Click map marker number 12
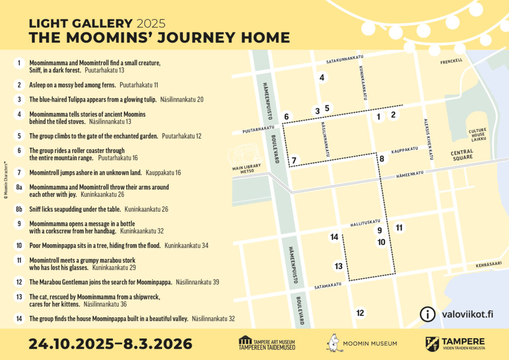point(360,313)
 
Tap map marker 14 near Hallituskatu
point(334,237)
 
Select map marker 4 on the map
point(322,78)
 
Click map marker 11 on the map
point(399,228)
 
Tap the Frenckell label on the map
point(451,62)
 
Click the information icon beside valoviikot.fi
point(426,314)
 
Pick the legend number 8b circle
point(19,209)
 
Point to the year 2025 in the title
point(151,23)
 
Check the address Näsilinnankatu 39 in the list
point(197,282)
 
